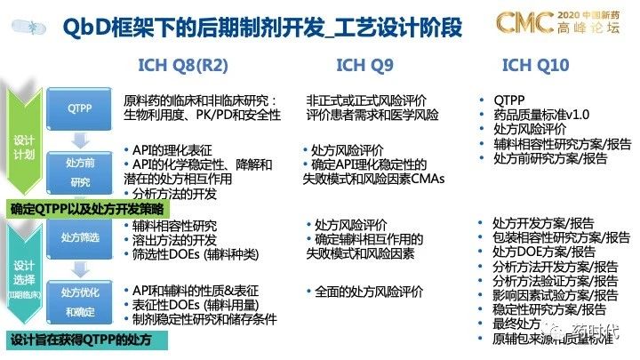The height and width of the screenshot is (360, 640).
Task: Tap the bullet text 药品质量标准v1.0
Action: pyautogui.click(x=542, y=114)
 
